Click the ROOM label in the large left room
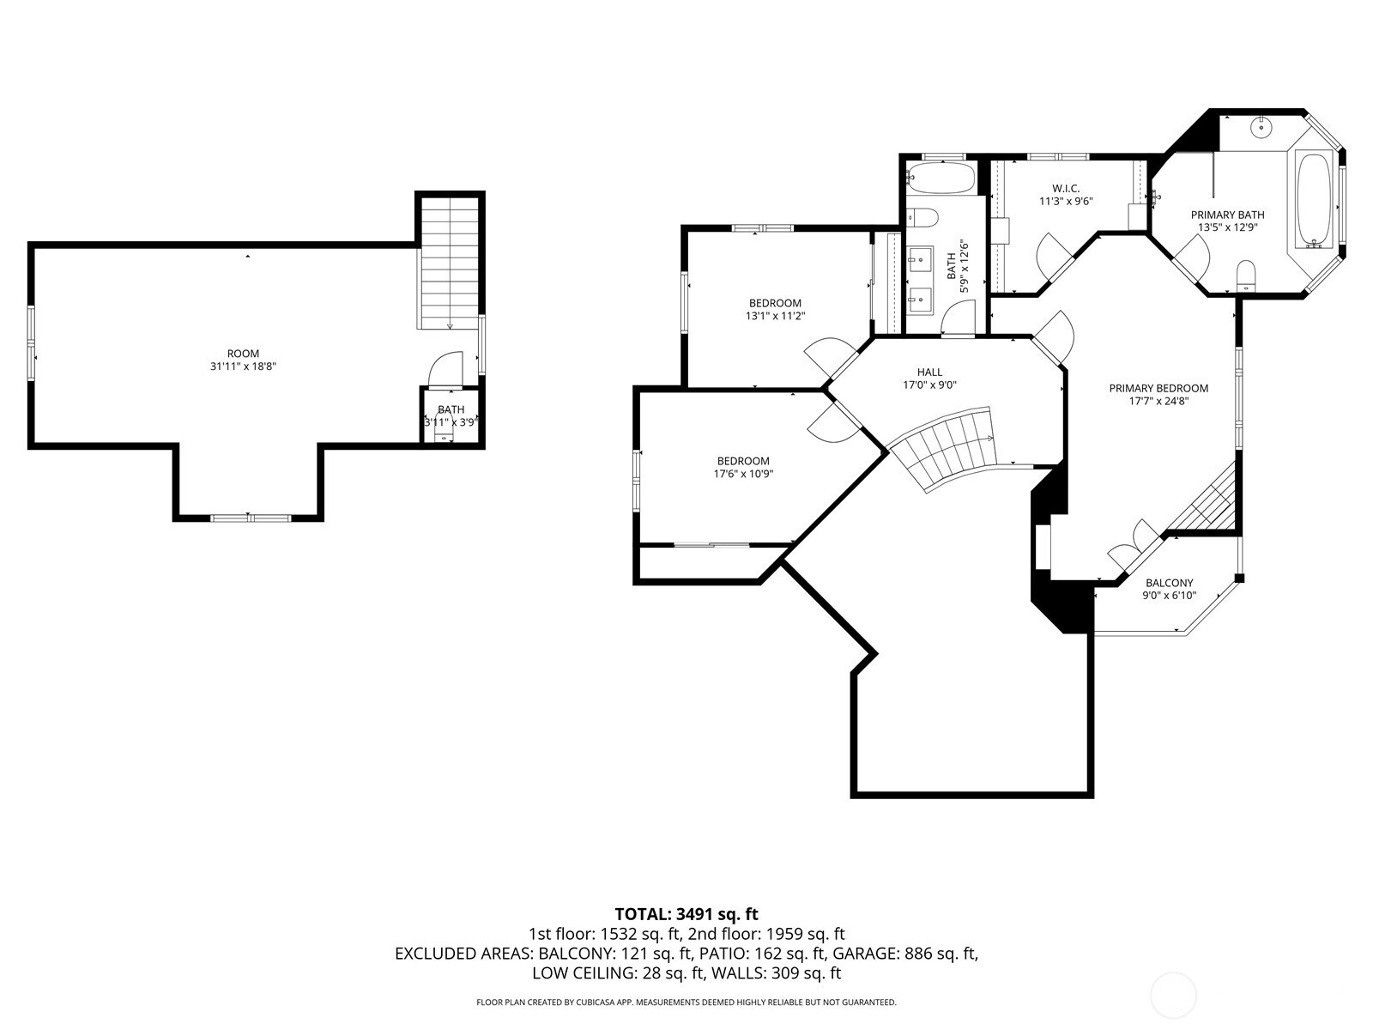(243, 354)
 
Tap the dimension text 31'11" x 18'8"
(243, 367)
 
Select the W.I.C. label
(1066, 188)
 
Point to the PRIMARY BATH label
(1227, 215)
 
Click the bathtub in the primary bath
(1315, 199)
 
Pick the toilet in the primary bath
(1246, 276)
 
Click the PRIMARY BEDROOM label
(1158, 388)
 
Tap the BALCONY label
(1169, 582)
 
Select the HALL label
(929, 373)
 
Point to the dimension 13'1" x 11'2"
(775, 317)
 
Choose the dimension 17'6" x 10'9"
(743, 474)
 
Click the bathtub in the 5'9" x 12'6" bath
(941, 179)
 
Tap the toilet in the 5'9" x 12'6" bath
(922, 218)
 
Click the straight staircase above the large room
(451, 263)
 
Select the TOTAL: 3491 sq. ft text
(686, 914)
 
